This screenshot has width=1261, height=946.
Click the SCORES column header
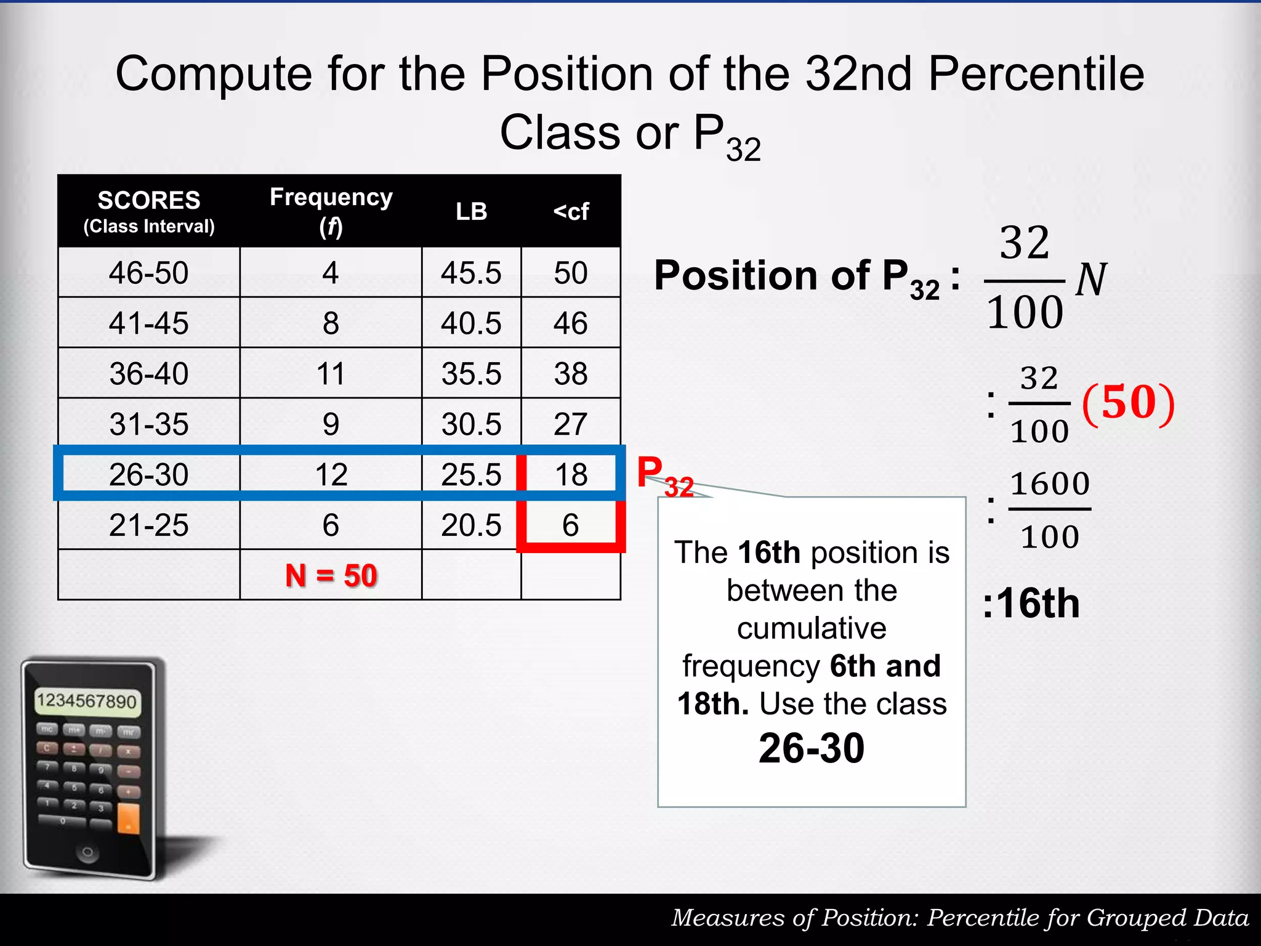click(x=149, y=201)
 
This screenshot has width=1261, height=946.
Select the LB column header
click(x=471, y=211)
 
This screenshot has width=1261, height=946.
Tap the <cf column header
click(x=571, y=211)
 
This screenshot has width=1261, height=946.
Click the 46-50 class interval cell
click(x=149, y=273)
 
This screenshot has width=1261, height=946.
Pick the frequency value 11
click(x=331, y=374)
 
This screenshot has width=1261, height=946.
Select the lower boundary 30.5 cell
click(x=471, y=424)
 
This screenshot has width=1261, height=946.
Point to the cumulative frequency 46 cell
click(x=571, y=323)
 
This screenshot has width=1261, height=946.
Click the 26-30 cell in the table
click(x=149, y=475)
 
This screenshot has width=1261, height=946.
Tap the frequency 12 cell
click(x=331, y=475)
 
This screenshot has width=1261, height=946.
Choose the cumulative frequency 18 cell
click(x=571, y=475)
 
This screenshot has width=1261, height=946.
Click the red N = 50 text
click(x=331, y=576)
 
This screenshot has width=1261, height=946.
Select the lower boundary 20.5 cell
click(x=471, y=525)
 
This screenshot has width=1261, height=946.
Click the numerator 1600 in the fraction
click(x=1050, y=484)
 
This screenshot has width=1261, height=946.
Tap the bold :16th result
click(x=1031, y=603)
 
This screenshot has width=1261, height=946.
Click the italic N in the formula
click(x=1091, y=280)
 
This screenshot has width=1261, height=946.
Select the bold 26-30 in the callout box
click(x=812, y=748)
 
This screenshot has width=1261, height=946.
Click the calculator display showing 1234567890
click(x=87, y=701)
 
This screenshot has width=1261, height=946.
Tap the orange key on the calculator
click(x=128, y=818)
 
